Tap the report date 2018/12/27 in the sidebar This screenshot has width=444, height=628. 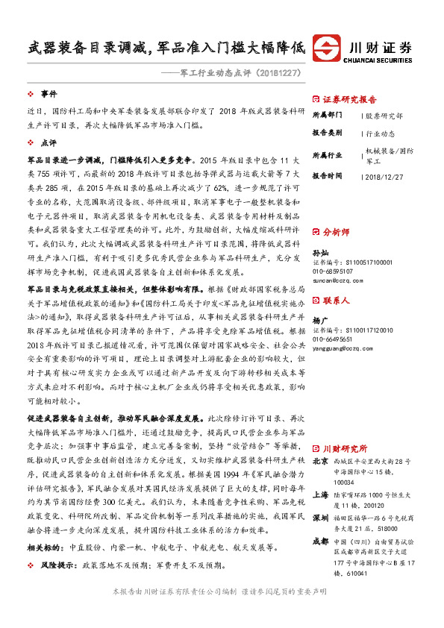[x=387, y=176]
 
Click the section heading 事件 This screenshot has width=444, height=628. [x=49, y=95]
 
